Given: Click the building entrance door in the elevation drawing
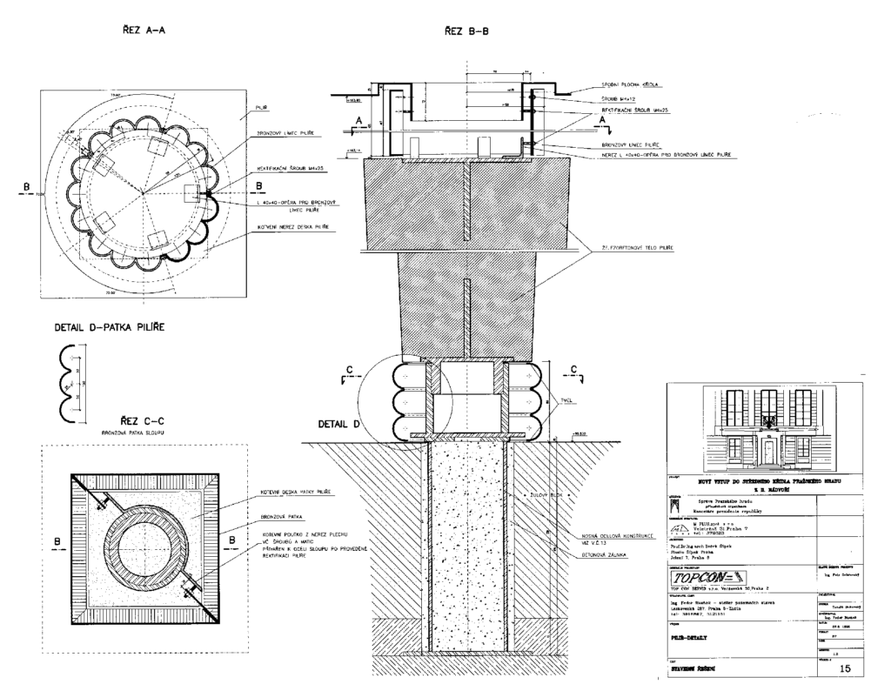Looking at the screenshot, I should coord(769,453).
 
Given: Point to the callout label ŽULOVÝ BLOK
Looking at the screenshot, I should coord(545,494).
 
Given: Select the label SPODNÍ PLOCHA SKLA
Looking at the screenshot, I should coord(631,85).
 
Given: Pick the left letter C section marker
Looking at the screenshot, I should coord(350,372).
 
